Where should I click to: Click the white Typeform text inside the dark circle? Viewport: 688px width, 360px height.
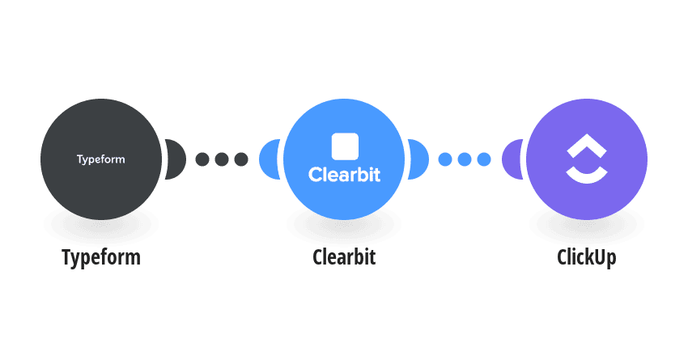[101, 159]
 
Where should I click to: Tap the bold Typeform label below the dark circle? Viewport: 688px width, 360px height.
[101, 257]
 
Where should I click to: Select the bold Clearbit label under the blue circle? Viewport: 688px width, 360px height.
[344, 257]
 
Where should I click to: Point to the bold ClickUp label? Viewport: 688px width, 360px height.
[587, 257]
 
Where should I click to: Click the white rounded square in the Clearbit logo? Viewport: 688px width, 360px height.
[345, 146]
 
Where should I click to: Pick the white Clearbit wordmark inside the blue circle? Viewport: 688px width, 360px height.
[345, 175]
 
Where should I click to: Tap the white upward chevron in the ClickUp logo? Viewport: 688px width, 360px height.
[587, 146]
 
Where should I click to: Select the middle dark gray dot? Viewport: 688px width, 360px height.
[222, 159]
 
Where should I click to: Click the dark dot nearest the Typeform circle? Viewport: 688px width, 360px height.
[202, 159]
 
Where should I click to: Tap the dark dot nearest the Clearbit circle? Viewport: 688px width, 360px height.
[241, 159]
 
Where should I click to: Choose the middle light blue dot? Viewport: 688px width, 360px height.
[465, 159]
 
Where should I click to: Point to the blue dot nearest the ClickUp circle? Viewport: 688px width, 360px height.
[483, 159]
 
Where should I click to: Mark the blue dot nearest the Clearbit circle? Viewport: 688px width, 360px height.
[445, 159]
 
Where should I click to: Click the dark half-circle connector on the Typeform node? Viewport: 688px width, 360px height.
[176, 159]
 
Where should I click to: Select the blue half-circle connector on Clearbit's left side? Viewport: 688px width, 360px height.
[269, 159]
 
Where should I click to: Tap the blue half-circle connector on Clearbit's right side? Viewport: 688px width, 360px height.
[419, 159]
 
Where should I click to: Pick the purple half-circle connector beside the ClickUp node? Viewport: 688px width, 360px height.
[512, 159]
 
